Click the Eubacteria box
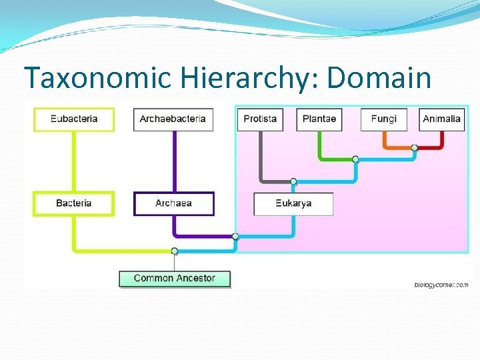[x=74, y=119]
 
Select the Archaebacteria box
[x=173, y=119]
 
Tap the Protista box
[x=260, y=119]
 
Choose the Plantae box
[x=319, y=119]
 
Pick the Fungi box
[x=383, y=119]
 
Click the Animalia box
[x=441, y=119]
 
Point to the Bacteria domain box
[x=74, y=203]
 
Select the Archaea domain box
[x=174, y=203]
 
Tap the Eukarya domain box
[x=293, y=203]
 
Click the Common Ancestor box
[x=175, y=278]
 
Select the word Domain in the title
[x=379, y=79]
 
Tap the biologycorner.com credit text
[x=441, y=285]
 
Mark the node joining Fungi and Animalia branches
[x=415, y=147]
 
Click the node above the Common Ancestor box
[x=175, y=251]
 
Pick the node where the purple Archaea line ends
[x=235, y=236]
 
